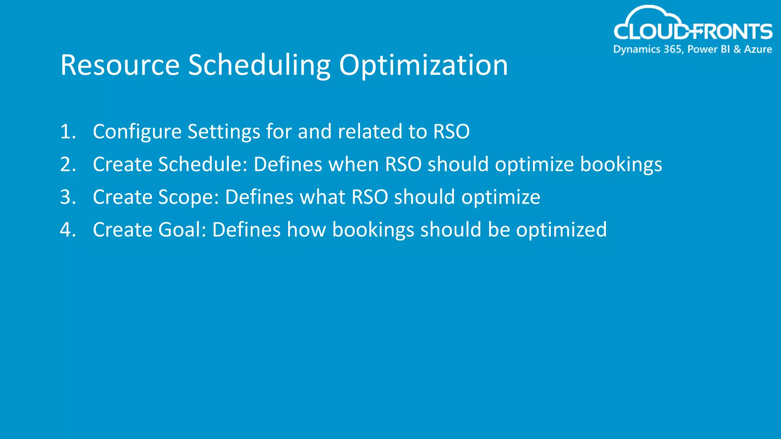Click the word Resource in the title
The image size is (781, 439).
click(x=120, y=65)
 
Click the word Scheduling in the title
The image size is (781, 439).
click(x=259, y=65)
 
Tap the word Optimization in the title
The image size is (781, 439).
click(x=423, y=65)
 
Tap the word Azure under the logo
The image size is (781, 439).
click(x=758, y=50)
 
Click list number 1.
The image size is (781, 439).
click(x=68, y=132)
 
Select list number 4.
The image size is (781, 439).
click(x=68, y=230)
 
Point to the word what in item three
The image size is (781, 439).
click(x=323, y=197)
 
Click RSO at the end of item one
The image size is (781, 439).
click(x=451, y=132)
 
